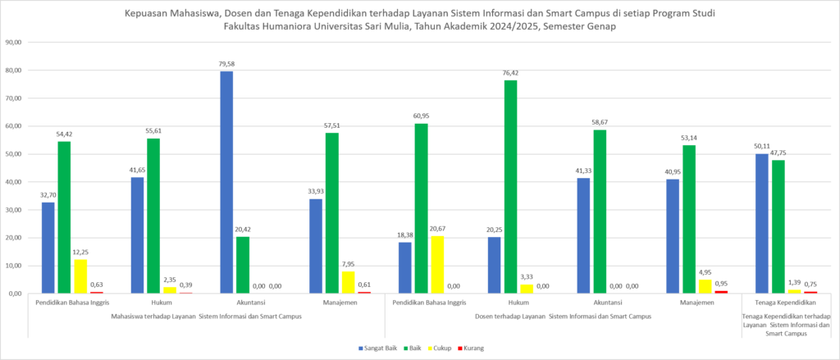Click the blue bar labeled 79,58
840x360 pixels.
pyautogui.click(x=226, y=182)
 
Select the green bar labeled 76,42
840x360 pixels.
pyautogui.click(x=510, y=187)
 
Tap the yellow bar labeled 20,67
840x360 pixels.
pyautogui.click(x=437, y=265)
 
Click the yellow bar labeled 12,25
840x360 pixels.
pyautogui.click(x=80, y=276)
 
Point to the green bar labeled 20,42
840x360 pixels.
pyautogui.click(x=243, y=265)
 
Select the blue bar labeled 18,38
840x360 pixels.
pyautogui.click(x=405, y=268)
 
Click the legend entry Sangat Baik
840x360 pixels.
pyautogui.click(x=373, y=349)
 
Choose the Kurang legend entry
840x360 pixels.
pyautogui.click(x=471, y=349)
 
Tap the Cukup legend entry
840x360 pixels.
pyautogui.click(x=441, y=349)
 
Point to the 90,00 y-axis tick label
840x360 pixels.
pyautogui.click(x=13, y=43)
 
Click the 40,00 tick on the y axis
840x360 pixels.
pyautogui.click(x=13, y=182)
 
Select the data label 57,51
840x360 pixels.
pyautogui.click(x=331, y=125)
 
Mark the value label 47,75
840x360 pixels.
pyautogui.click(x=778, y=153)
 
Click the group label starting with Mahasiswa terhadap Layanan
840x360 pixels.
pyautogui.click(x=206, y=317)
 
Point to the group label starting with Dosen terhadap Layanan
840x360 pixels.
pyautogui.click(x=563, y=317)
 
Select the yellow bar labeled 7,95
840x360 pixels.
pyautogui.click(x=348, y=282)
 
